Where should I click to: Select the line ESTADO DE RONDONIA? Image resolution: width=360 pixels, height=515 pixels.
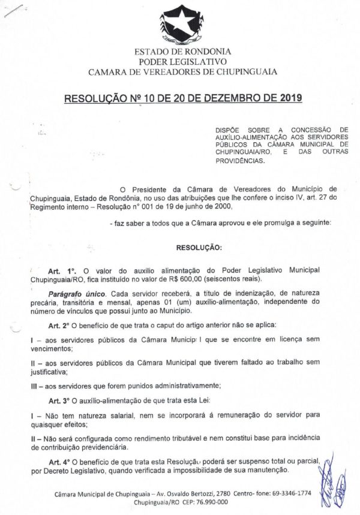182,52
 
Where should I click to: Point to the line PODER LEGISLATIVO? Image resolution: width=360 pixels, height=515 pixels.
182,62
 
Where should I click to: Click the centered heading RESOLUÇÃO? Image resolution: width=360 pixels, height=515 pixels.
199,246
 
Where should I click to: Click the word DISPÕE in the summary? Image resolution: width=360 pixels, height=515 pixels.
229,129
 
